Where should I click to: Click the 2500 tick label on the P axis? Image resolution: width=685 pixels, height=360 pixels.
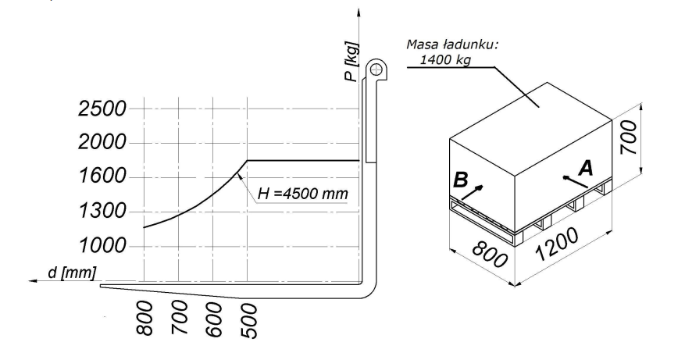point(102,109)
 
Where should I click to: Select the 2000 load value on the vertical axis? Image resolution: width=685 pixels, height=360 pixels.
point(102,142)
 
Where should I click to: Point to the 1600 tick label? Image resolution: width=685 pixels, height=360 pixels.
point(102,176)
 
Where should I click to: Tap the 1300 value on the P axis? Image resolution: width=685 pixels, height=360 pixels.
point(102,211)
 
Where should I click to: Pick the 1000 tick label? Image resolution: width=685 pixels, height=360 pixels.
point(102,245)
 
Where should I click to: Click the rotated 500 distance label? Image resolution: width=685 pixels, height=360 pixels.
point(248,321)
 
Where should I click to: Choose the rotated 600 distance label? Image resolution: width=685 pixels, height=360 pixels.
point(214,320)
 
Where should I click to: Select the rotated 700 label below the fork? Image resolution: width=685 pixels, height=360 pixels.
point(180,318)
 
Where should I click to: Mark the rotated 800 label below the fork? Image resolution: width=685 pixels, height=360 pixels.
point(145,318)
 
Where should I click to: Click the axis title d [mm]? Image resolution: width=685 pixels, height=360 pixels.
point(72,273)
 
